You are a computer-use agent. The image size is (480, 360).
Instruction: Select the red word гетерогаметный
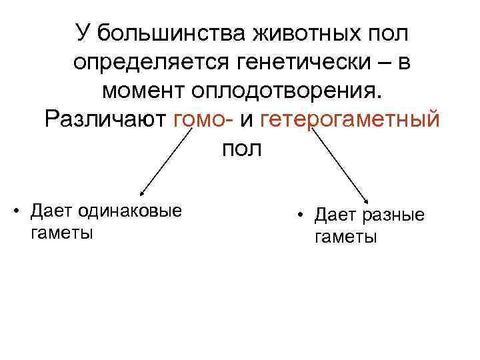point(349,119)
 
